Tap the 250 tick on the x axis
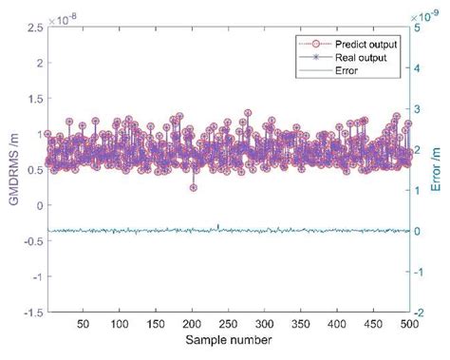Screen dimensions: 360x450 click(x=229, y=323)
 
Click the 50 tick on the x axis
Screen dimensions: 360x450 click(x=84, y=323)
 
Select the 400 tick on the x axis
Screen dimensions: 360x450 click(x=337, y=323)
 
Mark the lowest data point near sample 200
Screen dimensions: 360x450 click(x=193, y=188)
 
